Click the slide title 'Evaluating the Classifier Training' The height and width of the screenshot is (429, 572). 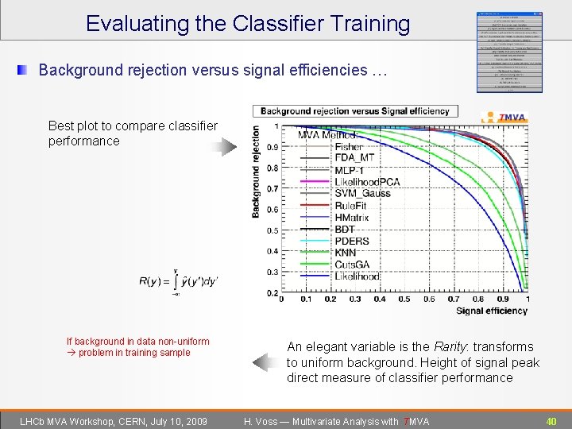(248, 24)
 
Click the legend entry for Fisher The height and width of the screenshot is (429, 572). (349, 146)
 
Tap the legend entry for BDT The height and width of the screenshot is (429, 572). (345, 230)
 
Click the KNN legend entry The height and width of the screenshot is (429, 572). (346, 253)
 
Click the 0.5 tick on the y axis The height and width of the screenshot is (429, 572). (272, 230)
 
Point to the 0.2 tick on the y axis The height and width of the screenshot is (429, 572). (272, 293)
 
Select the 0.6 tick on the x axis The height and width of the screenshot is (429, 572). (429, 300)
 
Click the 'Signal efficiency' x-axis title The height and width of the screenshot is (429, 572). (492, 311)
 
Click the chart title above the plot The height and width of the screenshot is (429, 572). (354, 111)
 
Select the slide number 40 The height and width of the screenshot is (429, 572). (551, 420)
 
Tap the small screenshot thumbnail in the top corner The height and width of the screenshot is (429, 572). (510, 52)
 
